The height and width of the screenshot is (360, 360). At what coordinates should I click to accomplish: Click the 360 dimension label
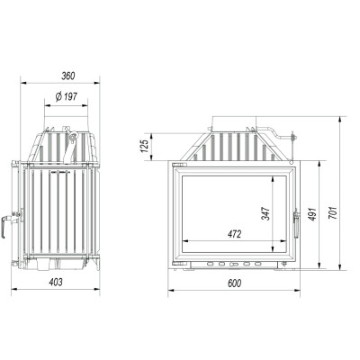(x=68, y=76)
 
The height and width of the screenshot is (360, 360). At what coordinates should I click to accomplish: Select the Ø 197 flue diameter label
(x=67, y=96)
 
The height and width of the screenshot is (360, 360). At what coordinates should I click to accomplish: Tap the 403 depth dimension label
(x=56, y=282)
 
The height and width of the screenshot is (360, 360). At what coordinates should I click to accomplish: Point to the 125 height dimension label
(x=145, y=146)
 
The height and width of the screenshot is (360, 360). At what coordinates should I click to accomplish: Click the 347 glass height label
(x=265, y=213)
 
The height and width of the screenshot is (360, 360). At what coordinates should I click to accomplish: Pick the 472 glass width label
(x=234, y=234)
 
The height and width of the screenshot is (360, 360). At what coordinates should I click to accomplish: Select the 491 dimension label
(x=312, y=214)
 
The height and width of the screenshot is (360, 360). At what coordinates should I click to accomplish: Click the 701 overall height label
(x=333, y=212)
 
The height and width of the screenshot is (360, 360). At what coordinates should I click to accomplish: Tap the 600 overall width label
(x=234, y=283)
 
